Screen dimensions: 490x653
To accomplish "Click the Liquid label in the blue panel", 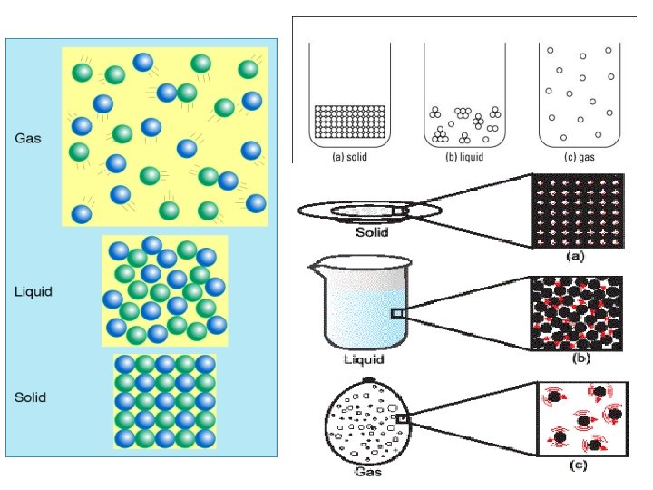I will (x=34, y=291).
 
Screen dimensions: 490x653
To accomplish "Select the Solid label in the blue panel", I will (x=31, y=397).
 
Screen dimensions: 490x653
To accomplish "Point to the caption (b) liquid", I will (x=459, y=156).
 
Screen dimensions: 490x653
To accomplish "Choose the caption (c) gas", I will (x=574, y=156).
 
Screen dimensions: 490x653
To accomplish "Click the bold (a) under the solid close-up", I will (x=575, y=257).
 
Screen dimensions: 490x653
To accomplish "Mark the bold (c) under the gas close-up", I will (x=575, y=466).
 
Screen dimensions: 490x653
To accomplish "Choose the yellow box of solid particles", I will (x=164, y=400).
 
